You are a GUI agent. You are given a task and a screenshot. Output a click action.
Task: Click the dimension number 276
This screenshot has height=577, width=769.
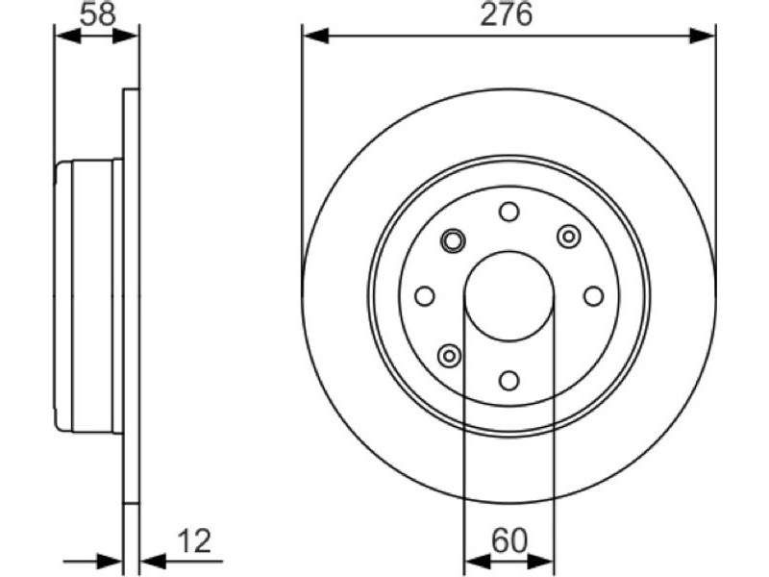point(507,14)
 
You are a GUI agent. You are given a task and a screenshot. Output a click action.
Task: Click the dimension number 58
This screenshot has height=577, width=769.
point(98,14)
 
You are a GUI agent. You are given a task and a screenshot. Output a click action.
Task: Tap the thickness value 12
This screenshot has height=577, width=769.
point(194,540)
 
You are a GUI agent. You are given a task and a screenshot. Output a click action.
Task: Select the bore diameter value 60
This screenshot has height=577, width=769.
point(509,540)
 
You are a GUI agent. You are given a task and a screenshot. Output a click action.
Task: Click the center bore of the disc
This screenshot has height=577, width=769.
point(509,296)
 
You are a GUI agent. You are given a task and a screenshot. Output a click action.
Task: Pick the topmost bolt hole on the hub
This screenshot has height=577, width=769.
point(509,212)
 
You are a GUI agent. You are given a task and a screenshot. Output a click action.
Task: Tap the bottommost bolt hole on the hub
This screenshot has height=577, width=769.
point(509,380)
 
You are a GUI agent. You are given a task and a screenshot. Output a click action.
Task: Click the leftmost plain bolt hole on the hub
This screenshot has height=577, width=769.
point(425,296)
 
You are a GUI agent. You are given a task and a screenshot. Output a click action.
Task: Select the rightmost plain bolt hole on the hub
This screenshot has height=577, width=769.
point(594,296)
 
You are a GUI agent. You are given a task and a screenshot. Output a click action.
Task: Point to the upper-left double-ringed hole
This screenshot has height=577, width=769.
point(453,241)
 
